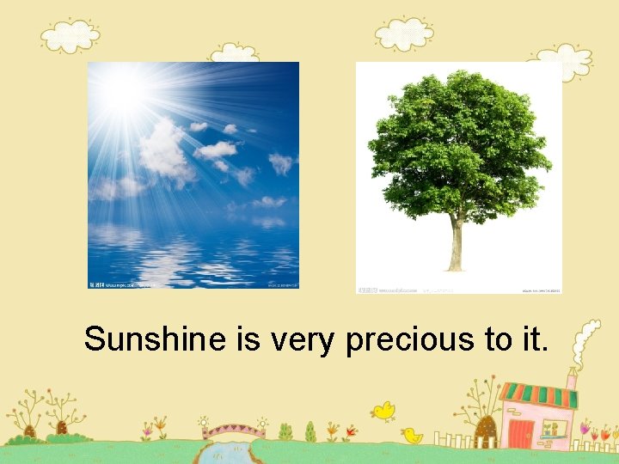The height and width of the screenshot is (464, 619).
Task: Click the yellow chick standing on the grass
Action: tap(412, 436)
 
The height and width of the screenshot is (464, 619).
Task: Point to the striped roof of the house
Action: tap(538, 395)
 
